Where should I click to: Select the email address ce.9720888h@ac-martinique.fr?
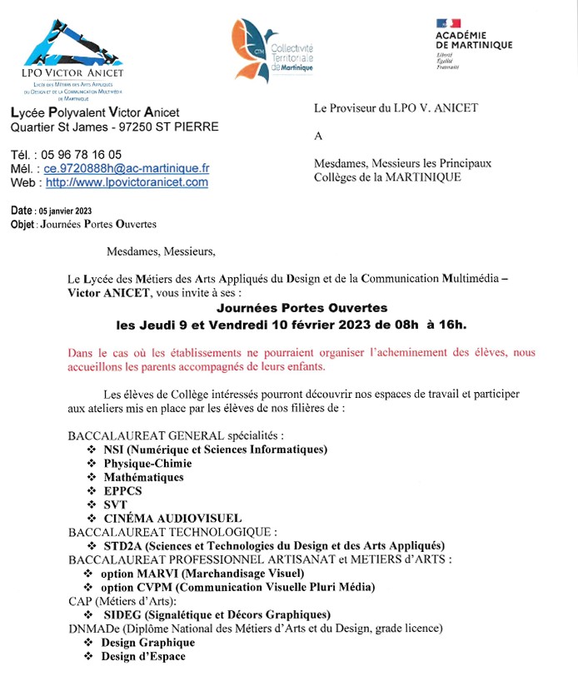[127, 168]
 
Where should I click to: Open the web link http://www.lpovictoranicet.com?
[127, 182]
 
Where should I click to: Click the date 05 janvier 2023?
[65, 211]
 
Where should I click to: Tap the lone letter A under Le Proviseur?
[317, 136]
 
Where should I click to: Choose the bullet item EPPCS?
[122, 491]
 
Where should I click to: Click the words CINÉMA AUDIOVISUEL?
[172, 518]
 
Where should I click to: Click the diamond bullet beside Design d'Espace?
[89, 656]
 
